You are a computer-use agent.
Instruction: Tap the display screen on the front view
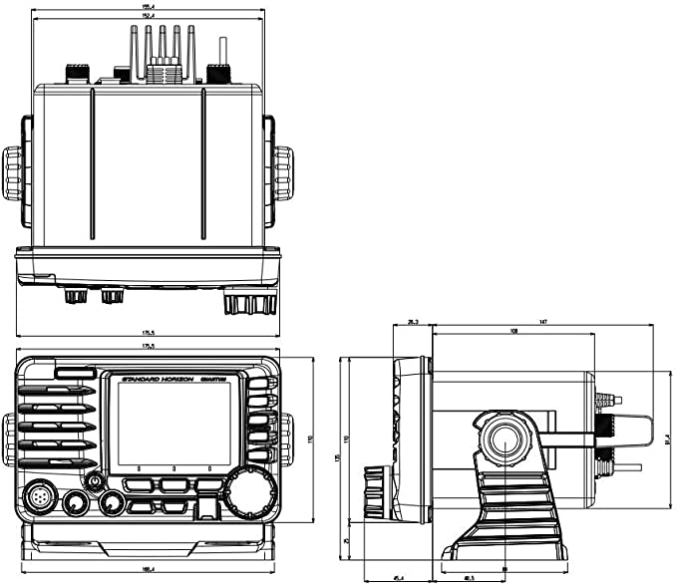(x=173, y=424)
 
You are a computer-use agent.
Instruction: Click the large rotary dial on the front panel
(x=249, y=489)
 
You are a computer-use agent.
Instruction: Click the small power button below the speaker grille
(x=96, y=481)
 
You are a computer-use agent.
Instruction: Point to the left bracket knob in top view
(x=11, y=172)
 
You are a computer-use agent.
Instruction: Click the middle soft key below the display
(x=173, y=485)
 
